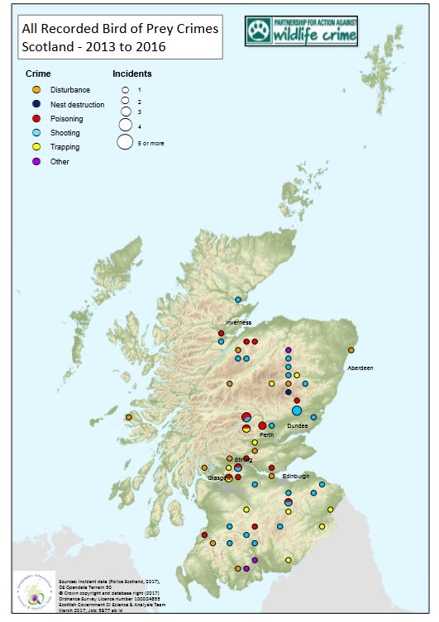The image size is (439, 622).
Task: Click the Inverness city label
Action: click(x=238, y=323)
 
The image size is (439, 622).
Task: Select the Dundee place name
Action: click(x=298, y=425)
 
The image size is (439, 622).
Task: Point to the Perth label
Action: click(x=266, y=434)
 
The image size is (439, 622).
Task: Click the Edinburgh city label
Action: click(x=295, y=477)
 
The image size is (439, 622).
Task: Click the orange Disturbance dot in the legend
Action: click(x=35, y=90)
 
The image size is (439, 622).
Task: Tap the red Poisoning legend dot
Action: click(x=35, y=118)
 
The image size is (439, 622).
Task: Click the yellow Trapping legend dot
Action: click(x=35, y=146)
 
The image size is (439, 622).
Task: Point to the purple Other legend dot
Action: click(x=35, y=161)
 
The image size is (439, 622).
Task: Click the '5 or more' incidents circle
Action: click(x=125, y=142)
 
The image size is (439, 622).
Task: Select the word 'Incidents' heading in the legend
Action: click(x=132, y=74)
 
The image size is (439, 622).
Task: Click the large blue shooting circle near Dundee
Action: click(x=297, y=411)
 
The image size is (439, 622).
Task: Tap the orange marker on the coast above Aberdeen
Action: click(x=351, y=349)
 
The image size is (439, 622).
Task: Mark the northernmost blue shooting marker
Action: click(x=238, y=300)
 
